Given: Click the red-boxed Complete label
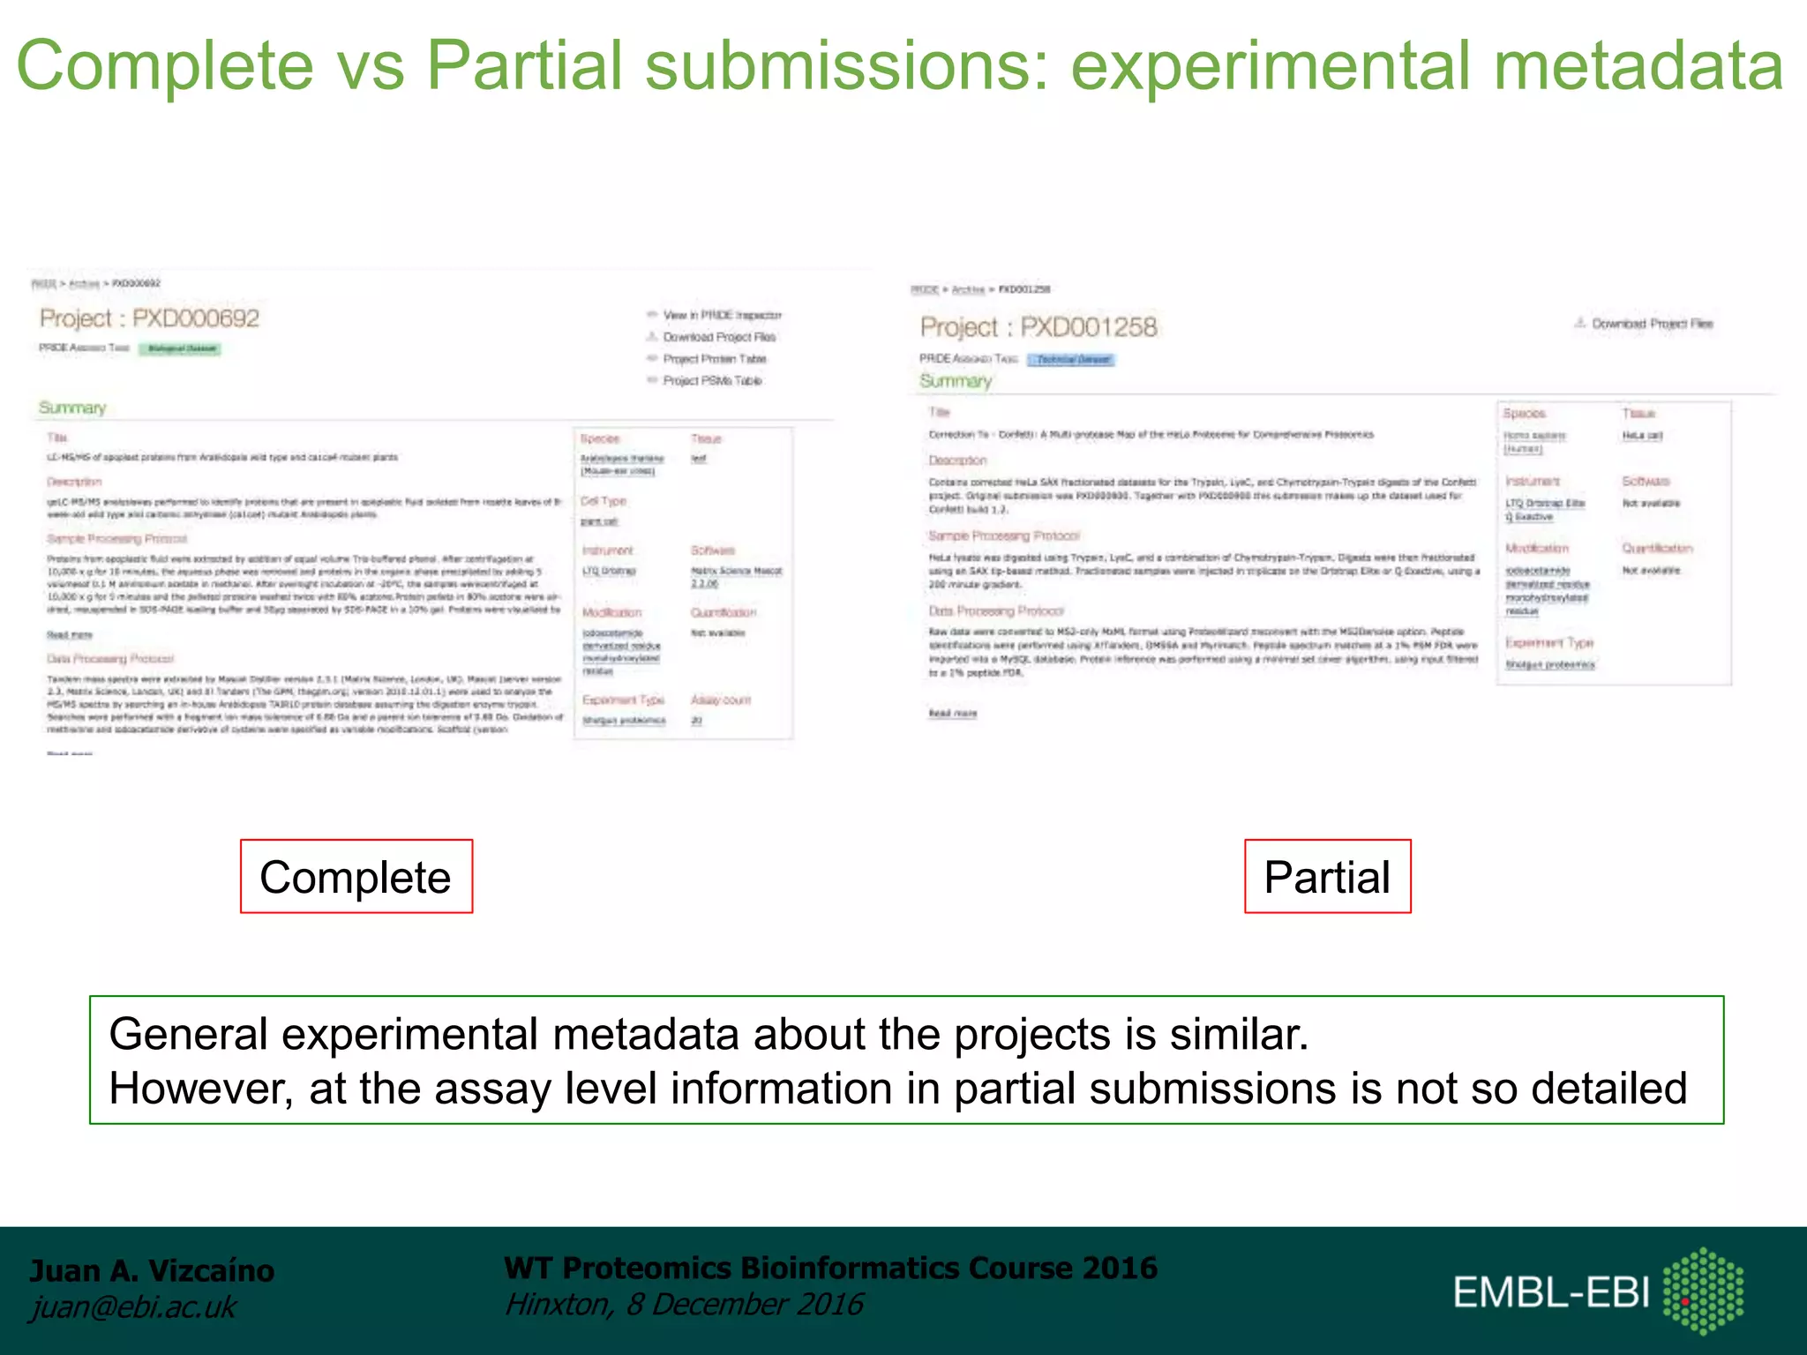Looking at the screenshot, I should [356, 877].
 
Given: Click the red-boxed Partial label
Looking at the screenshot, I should [1327, 877].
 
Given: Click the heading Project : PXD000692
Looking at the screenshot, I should [150, 318].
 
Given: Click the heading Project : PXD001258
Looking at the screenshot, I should [1038, 327].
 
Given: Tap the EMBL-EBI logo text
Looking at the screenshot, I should [1551, 1293].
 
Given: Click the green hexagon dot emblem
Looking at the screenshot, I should [1703, 1291].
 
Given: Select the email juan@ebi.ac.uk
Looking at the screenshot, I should [133, 1306].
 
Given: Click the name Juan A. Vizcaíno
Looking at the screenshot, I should [152, 1270].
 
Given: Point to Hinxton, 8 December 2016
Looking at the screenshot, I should [684, 1304].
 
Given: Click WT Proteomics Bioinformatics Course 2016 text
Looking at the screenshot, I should [830, 1268].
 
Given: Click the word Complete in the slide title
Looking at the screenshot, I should [165, 66].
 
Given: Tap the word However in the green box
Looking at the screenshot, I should [200, 1088].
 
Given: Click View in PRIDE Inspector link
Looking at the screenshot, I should [722, 315].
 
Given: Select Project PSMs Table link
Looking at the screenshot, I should [712, 381].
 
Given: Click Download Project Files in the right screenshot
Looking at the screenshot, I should [1652, 324].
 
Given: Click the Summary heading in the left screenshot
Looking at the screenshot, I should [72, 408].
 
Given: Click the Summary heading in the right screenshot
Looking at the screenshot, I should [956, 381].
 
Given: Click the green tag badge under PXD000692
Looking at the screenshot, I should [181, 348].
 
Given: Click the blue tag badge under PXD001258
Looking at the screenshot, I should [1072, 360].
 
